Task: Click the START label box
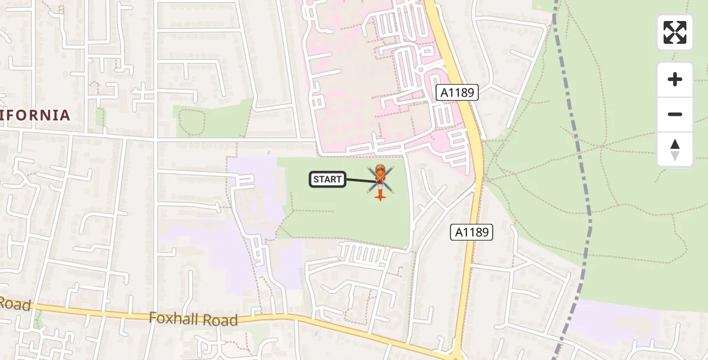(x=328, y=179)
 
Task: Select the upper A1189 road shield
(x=457, y=92)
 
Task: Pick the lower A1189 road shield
(x=472, y=232)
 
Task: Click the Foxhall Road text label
(x=193, y=319)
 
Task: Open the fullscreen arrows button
(x=674, y=32)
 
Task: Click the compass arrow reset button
(x=674, y=149)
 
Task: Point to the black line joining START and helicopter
(x=359, y=179)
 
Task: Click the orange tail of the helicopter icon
(x=379, y=194)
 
